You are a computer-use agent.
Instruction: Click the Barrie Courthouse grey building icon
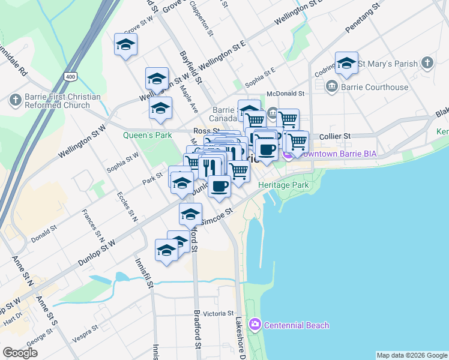(x=331, y=88)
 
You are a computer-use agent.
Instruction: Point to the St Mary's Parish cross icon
(x=427, y=63)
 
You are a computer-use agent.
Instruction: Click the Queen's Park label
(x=148, y=136)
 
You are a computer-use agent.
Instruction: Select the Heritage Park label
(x=283, y=185)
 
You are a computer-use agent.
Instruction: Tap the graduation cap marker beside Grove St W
(x=126, y=45)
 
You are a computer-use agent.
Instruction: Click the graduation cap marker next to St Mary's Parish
(x=346, y=64)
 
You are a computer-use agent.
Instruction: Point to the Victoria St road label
(x=218, y=313)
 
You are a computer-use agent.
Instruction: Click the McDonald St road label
(x=286, y=94)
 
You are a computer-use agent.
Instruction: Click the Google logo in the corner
(x=20, y=353)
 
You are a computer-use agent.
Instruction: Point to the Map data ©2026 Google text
(x=412, y=355)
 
